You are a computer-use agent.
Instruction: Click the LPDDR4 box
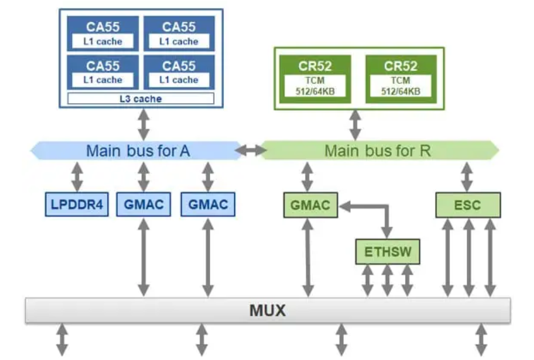tap(77, 205)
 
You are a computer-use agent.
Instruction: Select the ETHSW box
tap(387, 251)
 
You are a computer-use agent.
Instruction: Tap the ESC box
tap(468, 205)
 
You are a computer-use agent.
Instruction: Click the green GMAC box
tap(310, 205)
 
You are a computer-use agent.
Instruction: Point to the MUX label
tap(267, 311)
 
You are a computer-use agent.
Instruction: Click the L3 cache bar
tap(140, 99)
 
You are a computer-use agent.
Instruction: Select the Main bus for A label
tap(138, 151)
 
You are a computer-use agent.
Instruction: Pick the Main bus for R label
tap(378, 151)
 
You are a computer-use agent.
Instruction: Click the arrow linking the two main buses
tap(252, 151)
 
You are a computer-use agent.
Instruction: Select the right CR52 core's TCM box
tap(400, 86)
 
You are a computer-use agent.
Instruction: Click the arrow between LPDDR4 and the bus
tap(77, 177)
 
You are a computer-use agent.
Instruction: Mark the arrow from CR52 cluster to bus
tap(355, 125)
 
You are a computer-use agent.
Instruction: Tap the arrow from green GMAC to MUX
tap(308, 257)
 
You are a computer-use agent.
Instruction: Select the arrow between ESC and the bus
tap(468, 177)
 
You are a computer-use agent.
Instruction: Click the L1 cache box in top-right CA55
tap(179, 41)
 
